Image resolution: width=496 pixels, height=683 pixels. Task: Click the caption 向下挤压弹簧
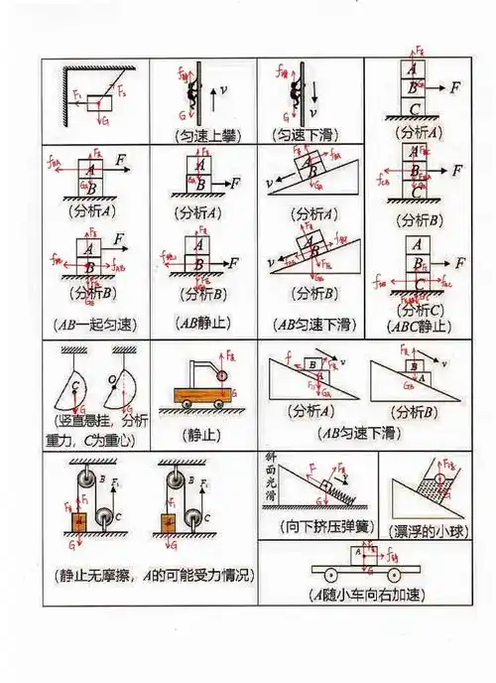click(x=319, y=525)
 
